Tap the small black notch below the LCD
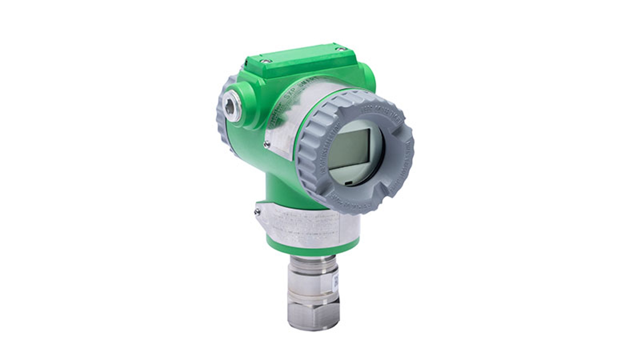coord(349,183)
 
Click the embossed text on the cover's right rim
coord(406,160)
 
